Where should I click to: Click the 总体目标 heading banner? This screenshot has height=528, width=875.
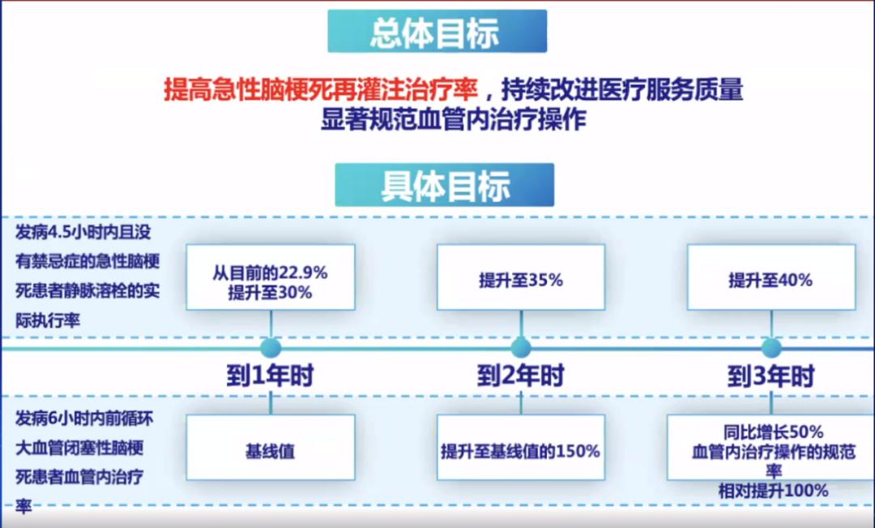[437, 32]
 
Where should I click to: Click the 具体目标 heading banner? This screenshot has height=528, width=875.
[444, 185]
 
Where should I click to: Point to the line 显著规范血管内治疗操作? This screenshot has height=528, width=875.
[453, 118]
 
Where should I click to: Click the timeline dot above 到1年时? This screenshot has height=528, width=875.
[271, 348]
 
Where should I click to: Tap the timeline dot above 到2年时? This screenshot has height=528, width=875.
[520, 348]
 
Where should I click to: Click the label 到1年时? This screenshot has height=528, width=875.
[270, 376]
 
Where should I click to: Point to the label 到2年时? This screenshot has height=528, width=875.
[520, 376]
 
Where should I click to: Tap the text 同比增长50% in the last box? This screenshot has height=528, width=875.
[772, 431]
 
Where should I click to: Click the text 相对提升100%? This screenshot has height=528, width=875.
[772, 491]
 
